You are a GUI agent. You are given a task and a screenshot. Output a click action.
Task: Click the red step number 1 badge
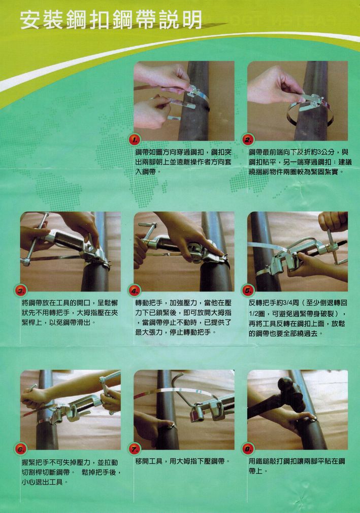click(x=134, y=140)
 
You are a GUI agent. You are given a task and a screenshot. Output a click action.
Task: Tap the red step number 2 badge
click(x=248, y=140)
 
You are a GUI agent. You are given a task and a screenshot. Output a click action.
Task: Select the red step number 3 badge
click(x=21, y=290)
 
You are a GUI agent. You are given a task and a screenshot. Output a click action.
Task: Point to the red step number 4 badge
click(x=134, y=290)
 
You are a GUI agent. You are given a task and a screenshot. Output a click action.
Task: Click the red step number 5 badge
click(x=248, y=290)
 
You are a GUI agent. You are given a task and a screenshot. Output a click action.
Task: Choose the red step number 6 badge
click(x=21, y=449)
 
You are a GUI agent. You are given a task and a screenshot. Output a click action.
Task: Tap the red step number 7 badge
click(x=134, y=449)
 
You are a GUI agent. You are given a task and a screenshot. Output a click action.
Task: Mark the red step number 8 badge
click(x=248, y=449)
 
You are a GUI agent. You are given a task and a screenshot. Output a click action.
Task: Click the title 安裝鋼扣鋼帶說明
click(x=111, y=20)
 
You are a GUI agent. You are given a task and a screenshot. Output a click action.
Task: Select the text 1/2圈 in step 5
click(x=256, y=314)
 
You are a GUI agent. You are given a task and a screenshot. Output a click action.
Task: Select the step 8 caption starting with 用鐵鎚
click(x=297, y=466)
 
